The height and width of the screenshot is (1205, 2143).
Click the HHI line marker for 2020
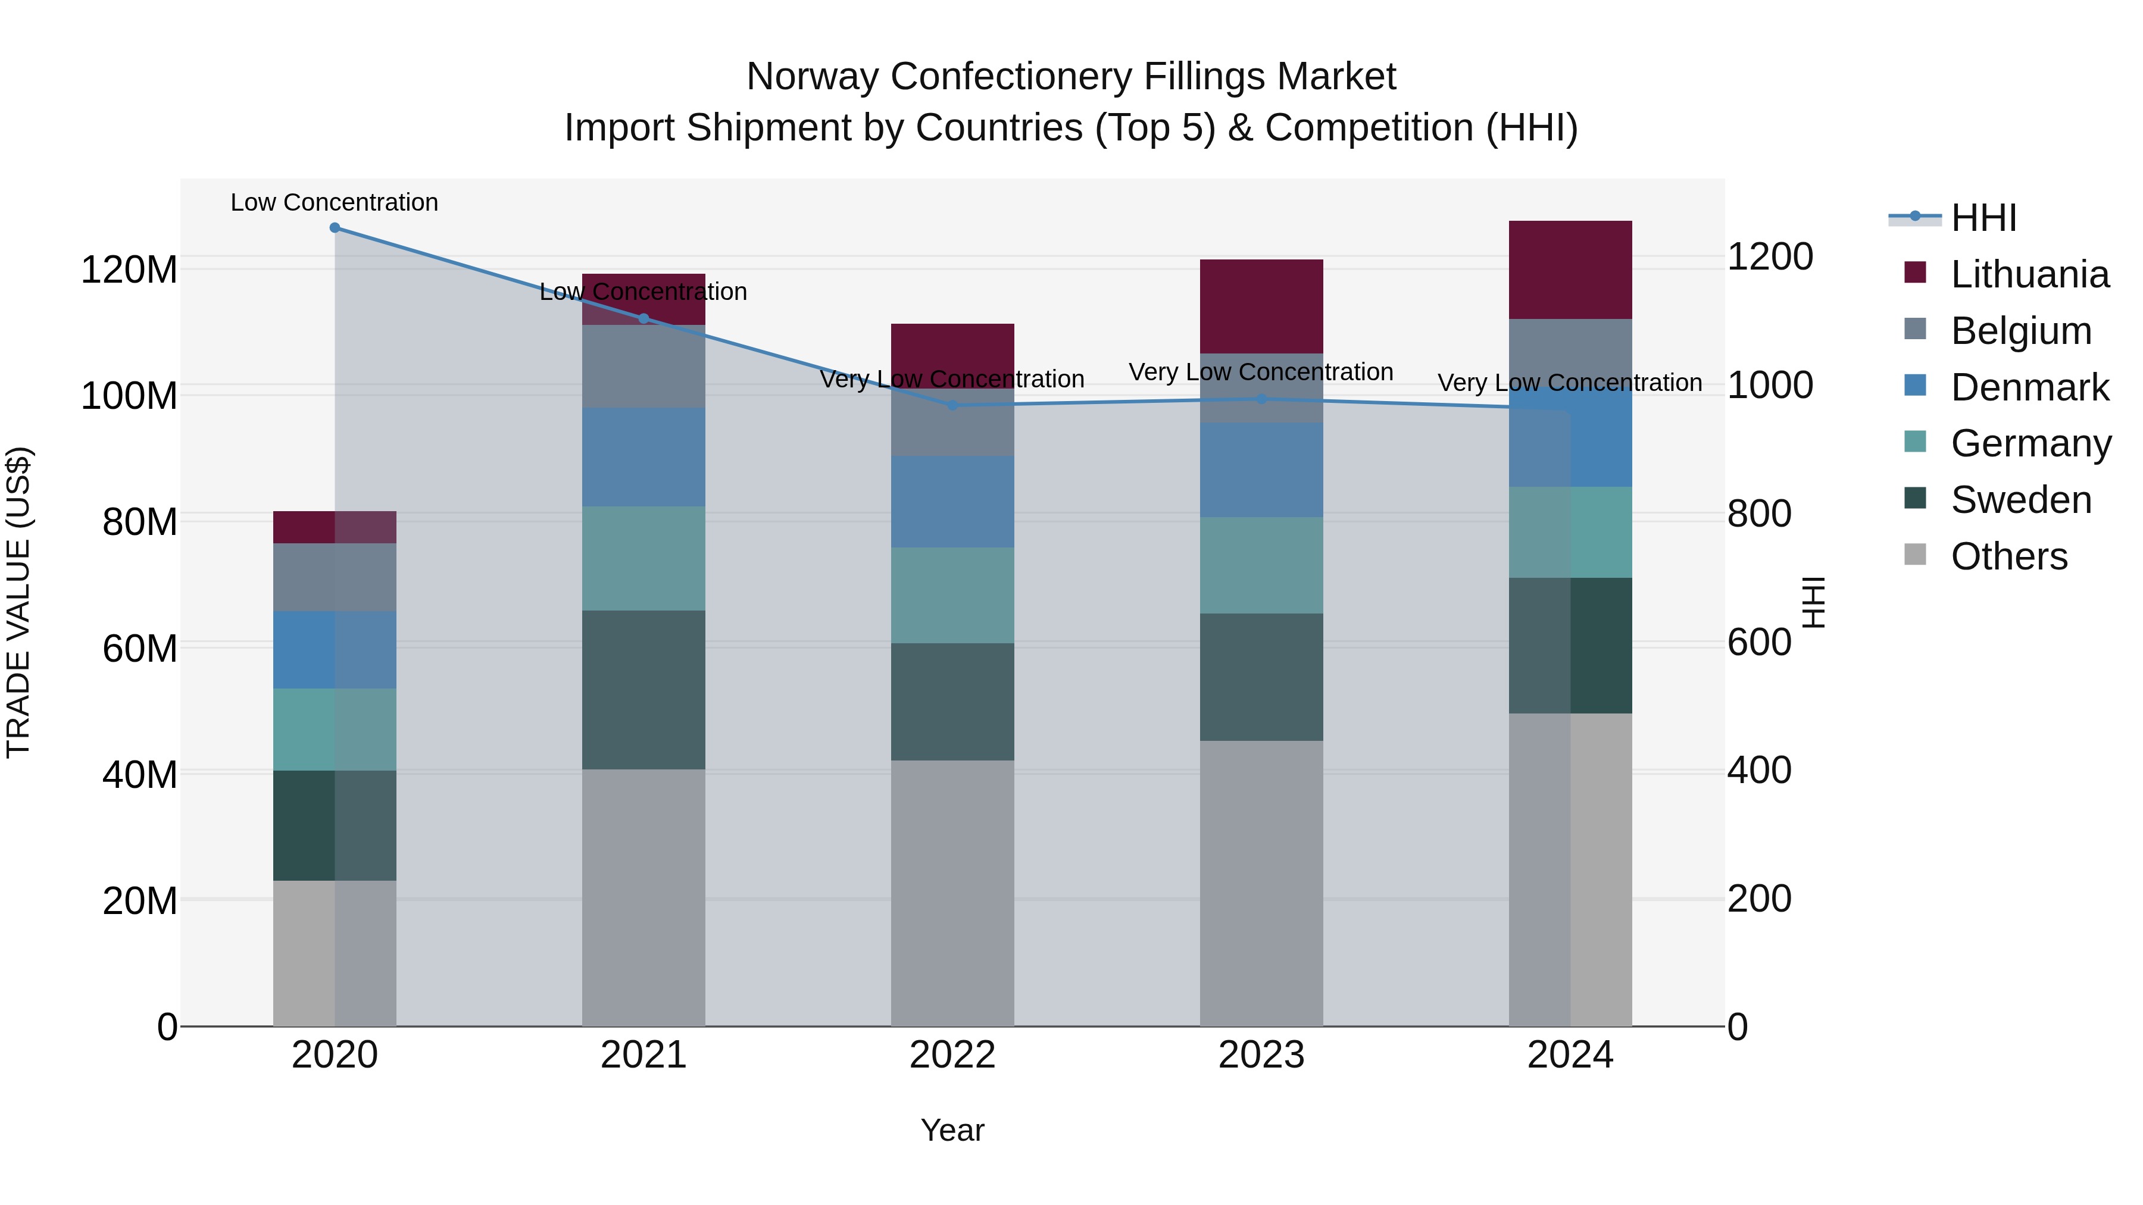335,227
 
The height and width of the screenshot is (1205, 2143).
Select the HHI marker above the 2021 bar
643,318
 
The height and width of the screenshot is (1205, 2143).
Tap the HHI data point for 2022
952,405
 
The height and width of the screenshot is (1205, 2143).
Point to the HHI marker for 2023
1261,399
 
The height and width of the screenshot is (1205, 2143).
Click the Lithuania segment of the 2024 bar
1570,270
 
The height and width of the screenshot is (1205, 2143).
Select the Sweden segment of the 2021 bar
643,690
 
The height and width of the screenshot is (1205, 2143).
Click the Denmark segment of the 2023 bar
1261,470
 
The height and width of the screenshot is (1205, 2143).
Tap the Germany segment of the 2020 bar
335,730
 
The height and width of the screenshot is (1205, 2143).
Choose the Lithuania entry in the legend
2029,274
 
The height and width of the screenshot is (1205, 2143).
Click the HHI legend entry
1983,218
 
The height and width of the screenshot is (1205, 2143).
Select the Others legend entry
2008,556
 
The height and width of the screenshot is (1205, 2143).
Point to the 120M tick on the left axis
129,270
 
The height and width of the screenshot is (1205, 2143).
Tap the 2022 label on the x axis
952,1055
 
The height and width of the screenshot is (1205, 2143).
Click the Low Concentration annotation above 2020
335,202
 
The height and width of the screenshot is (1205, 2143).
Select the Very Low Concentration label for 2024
1570,383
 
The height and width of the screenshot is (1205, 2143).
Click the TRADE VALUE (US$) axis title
18,602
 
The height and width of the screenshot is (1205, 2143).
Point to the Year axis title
952,1130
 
